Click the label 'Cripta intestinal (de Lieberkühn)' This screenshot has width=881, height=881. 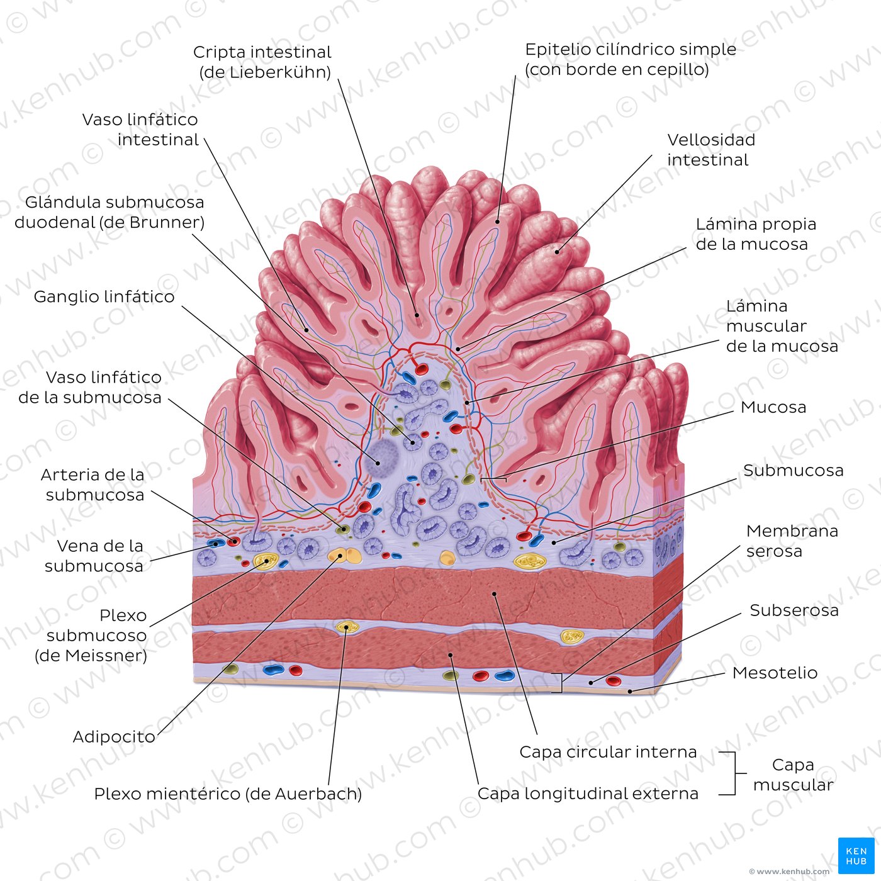pyautogui.click(x=262, y=62)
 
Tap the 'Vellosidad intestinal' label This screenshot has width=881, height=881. pyautogui.click(x=711, y=150)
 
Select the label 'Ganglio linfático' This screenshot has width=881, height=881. pyautogui.click(x=104, y=297)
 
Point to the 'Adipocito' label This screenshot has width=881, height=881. pyautogui.click(x=114, y=736)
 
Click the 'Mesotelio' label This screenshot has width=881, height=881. pyautogui.click(x=775, y=673)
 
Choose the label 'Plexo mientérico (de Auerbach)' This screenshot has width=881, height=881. pyautogui.click(x=228, y=794)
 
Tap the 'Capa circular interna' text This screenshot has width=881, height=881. pyautogui.click(x=608, y=751)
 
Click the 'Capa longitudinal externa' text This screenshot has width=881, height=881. pyautogui.click(x=588, y=794)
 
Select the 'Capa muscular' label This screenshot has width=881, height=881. pyautogui.click(x=794, y=775)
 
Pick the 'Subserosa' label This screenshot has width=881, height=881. pyautogui.click(x=794, y=610)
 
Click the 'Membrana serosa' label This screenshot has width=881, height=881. pyautogui.click(x=792, y=541)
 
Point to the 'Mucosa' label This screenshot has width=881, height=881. pyautogui.click(x=773, y=407)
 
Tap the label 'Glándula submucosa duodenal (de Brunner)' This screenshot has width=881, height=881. pyautogui.click(x=109, y=212)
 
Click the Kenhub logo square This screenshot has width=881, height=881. pyautogui.click(x=856, y=856)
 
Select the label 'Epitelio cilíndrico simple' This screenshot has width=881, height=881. pyautogui.click(x=631, y=49)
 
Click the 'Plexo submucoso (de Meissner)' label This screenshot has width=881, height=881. pyautogui.click(x=91, y=636)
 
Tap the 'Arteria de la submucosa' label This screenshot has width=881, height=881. pyautogui.click(x=93, y=485)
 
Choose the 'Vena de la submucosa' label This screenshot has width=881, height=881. pyautogui.click(x=94, y=556)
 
